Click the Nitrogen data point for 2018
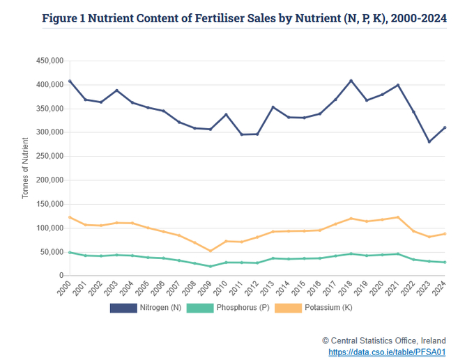351,81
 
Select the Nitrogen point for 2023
429,142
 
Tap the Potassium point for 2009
210,251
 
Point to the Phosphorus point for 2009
210,266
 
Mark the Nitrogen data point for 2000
69,81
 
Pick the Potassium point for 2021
398,217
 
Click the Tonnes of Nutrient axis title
26,169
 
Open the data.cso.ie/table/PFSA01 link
387,352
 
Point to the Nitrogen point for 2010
226,114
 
